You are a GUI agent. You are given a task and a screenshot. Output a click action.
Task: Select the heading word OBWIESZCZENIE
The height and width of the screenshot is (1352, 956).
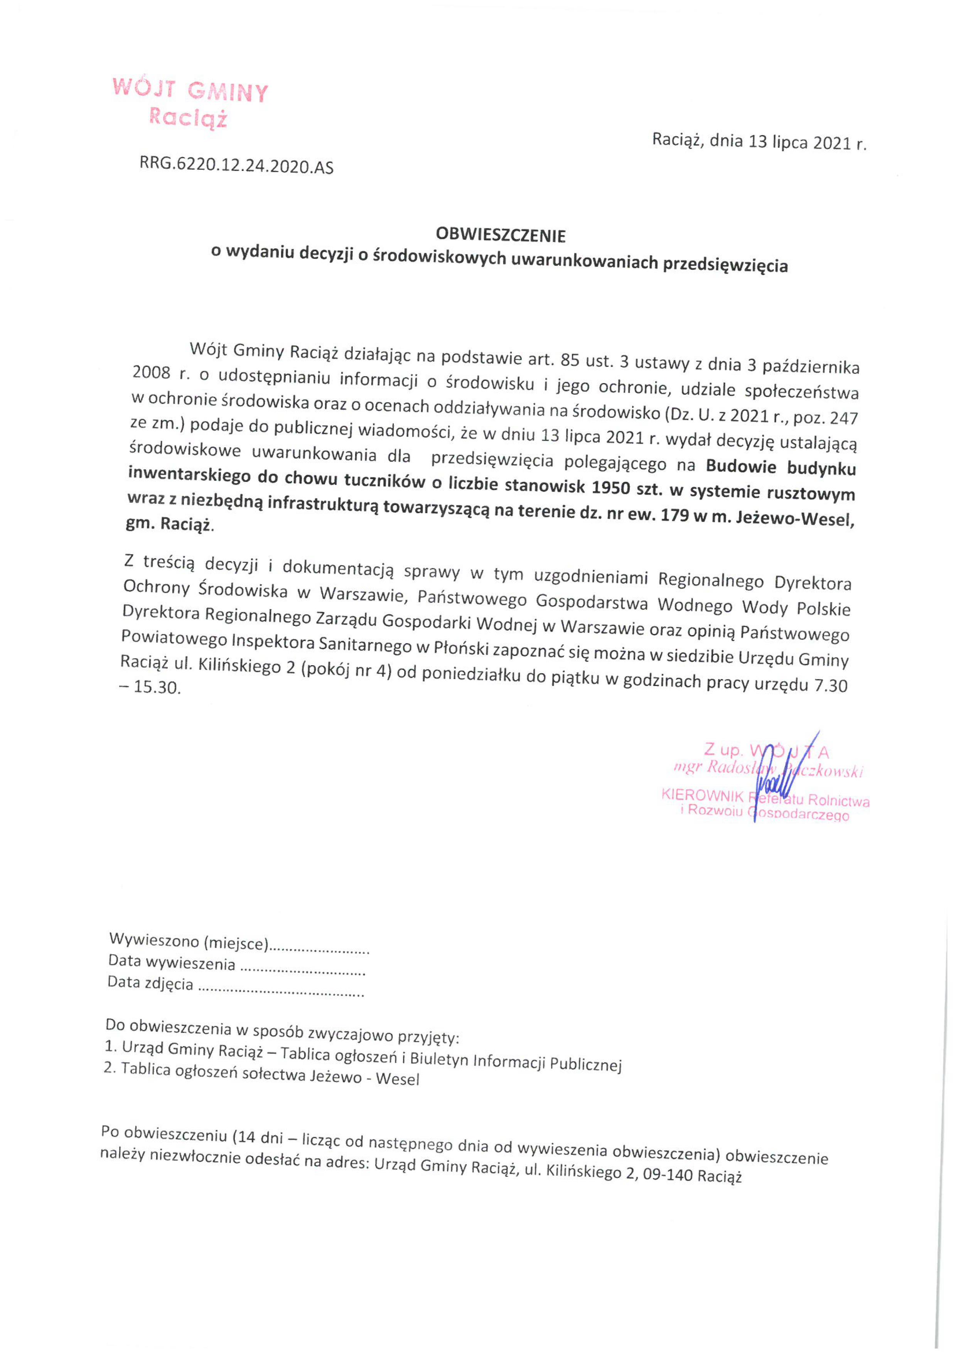pyautogui.click(x=501, y=235)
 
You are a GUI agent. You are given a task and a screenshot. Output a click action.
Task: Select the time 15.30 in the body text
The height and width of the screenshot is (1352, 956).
pyautogui.click(x=156, y=687)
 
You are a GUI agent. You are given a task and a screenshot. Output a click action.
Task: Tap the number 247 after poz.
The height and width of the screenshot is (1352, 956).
pyautogui.click(x=843, y=417)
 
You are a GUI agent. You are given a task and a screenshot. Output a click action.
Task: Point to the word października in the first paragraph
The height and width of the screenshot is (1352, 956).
pyautogui.click(x=811, y=367)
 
